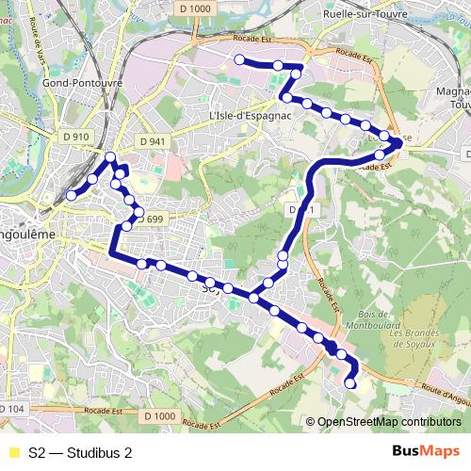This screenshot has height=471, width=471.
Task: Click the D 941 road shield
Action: [x=151, y=141]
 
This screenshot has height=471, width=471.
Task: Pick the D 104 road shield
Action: [x=12, y=409]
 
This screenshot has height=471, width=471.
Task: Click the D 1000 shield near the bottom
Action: [x=161, y=415]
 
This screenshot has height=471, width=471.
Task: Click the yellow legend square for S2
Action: [x=12, y=452]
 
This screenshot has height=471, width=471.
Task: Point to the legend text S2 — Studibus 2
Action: [x=80, y=452]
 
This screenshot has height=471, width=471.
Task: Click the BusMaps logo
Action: [x=426, y=451]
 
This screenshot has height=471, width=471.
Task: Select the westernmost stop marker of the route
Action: [x=71, y=196]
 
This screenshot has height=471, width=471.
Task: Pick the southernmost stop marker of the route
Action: [x=350, y=382]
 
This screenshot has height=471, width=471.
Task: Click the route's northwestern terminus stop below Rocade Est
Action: [x=239, y=59]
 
